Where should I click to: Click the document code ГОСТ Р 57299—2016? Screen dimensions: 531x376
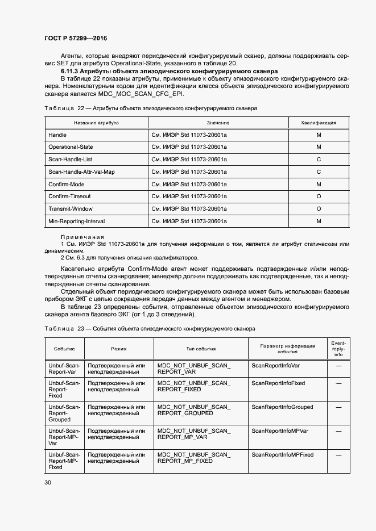click(75, 38)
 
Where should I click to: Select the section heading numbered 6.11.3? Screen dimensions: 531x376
click(169, 72)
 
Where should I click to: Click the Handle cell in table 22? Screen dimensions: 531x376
click(57, 135)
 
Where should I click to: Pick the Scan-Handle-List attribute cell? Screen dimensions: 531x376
click(71, 159)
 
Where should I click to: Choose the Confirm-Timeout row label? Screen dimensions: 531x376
click(69, 196)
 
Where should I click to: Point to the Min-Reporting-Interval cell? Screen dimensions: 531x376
click(76, 221)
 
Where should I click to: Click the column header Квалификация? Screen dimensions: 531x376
click(319, 123)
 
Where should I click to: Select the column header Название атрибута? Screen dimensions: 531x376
click(96, 123)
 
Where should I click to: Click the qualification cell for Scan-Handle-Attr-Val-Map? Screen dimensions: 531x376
click(319, 172)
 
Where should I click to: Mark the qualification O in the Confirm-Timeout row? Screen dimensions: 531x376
click(319, 196)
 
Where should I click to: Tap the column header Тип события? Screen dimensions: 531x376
click(201, 349)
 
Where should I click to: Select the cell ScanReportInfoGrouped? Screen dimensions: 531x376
click(282, 407)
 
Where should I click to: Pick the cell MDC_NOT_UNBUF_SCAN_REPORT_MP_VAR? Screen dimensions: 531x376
click(194, 434)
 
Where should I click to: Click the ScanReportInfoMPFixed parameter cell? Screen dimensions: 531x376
click(282, 455)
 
